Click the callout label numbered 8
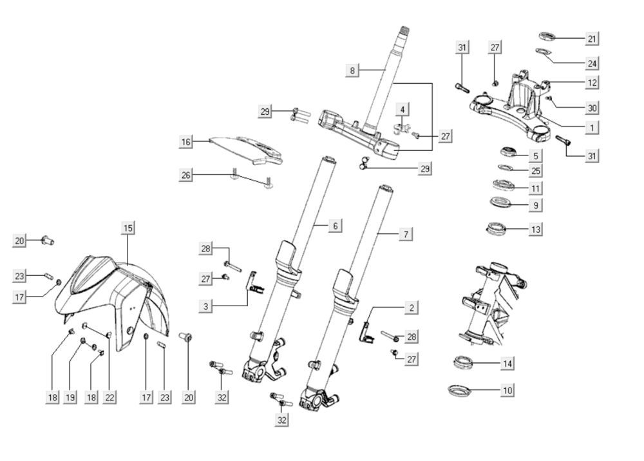(352, 70)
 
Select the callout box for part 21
(592, 39)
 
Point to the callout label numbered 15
(128, 228)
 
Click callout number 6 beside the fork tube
(335, 226)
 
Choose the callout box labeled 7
(405, 235)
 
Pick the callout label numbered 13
(535, 229)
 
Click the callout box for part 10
(508, 391)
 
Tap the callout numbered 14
(508, 364)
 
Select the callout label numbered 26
(186, 175)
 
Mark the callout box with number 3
(205, 306)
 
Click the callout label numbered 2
(412, 308)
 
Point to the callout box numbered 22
(110, 398)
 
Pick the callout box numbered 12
(592, 83)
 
